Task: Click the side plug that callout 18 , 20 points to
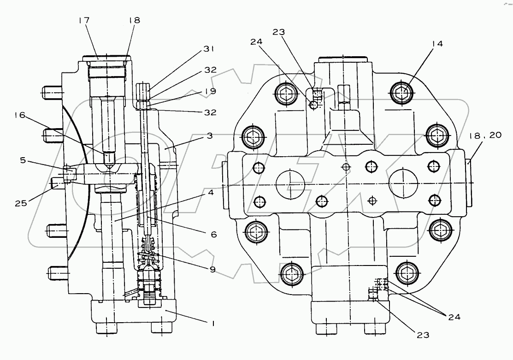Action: (469, 184)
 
